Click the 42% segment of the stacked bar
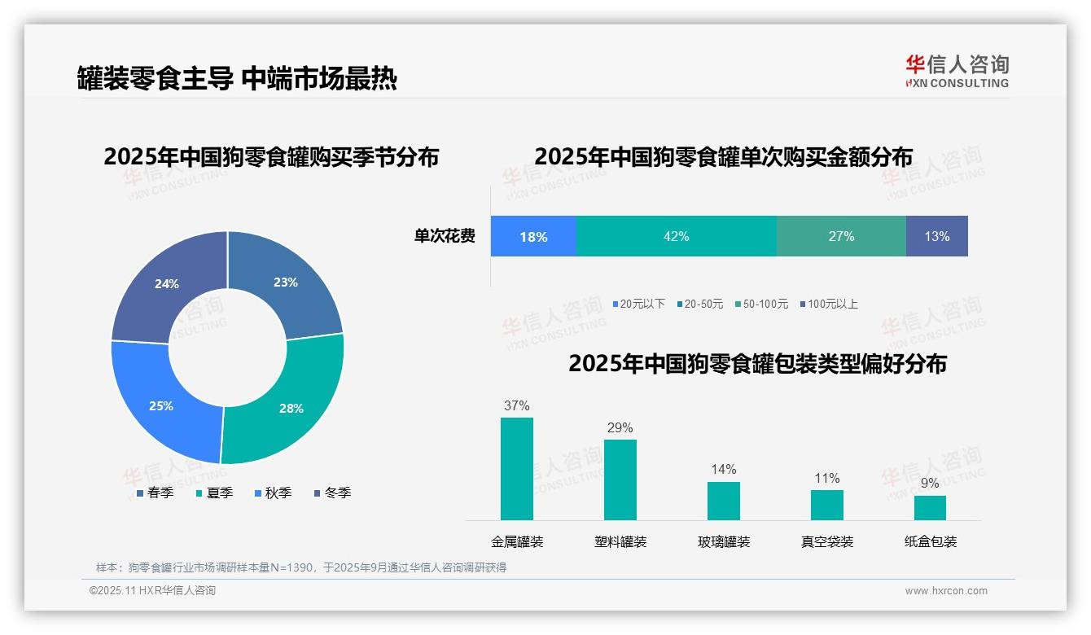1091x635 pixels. point(676,236)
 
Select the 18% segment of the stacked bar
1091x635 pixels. point(533,236)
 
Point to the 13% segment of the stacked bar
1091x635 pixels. point(936,236)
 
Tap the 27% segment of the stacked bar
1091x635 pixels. point(841,236)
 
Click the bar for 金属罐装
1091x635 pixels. point(516,469)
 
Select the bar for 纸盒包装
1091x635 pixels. point(930,508)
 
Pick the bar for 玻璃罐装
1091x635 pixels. point(723,501)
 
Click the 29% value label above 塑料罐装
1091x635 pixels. point(620,428)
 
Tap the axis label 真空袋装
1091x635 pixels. point(826,541)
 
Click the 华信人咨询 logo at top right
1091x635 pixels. point(957,71)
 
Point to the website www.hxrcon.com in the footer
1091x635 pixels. point(945,591)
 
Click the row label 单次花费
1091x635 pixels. point(445,237)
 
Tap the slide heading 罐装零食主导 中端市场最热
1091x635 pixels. point(237,78)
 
